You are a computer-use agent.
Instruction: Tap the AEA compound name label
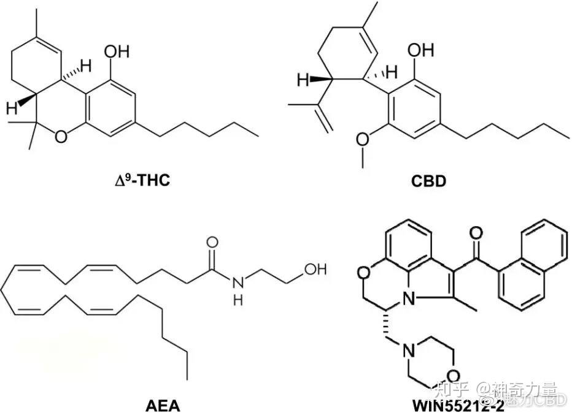[x=163, y=404]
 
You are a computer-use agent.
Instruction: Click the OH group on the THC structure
[x=117, y=51]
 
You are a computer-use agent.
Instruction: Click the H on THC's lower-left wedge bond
[x=10, y=108]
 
